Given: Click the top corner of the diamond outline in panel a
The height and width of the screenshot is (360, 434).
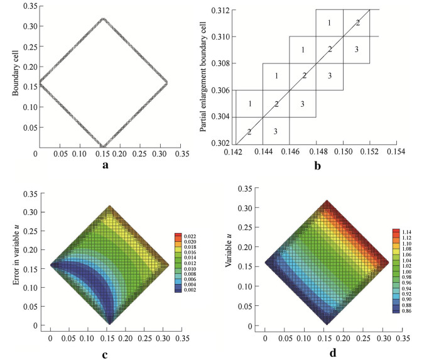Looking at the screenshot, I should click(x=103, y=19).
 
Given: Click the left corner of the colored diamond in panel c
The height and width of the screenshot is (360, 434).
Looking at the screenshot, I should click(x=51, y=265).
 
